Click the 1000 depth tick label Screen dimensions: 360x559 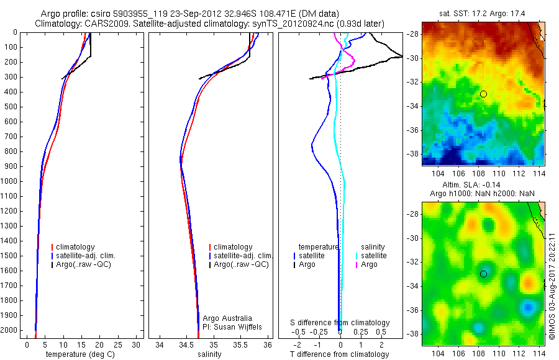pyautogui.click(x=9, y=181)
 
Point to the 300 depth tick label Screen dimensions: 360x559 pyautogui.click(x=11, y=77)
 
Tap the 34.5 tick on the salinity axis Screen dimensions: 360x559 pyautogui.click(x=186, y=344)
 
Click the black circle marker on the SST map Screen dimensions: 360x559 pyautogui.click(x=483, y=94)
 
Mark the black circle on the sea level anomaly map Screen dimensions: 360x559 pyautogui.click(x=483, y=274)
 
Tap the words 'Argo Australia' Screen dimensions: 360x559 pyautogui.click(x=227, y=318)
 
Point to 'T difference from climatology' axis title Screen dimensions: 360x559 pyautogui.click(x=340, y=354)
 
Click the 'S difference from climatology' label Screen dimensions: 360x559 pyautogui.click(x=340, y=323)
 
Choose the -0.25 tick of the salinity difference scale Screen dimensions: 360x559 pyautogui.click(x=321, y=332)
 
